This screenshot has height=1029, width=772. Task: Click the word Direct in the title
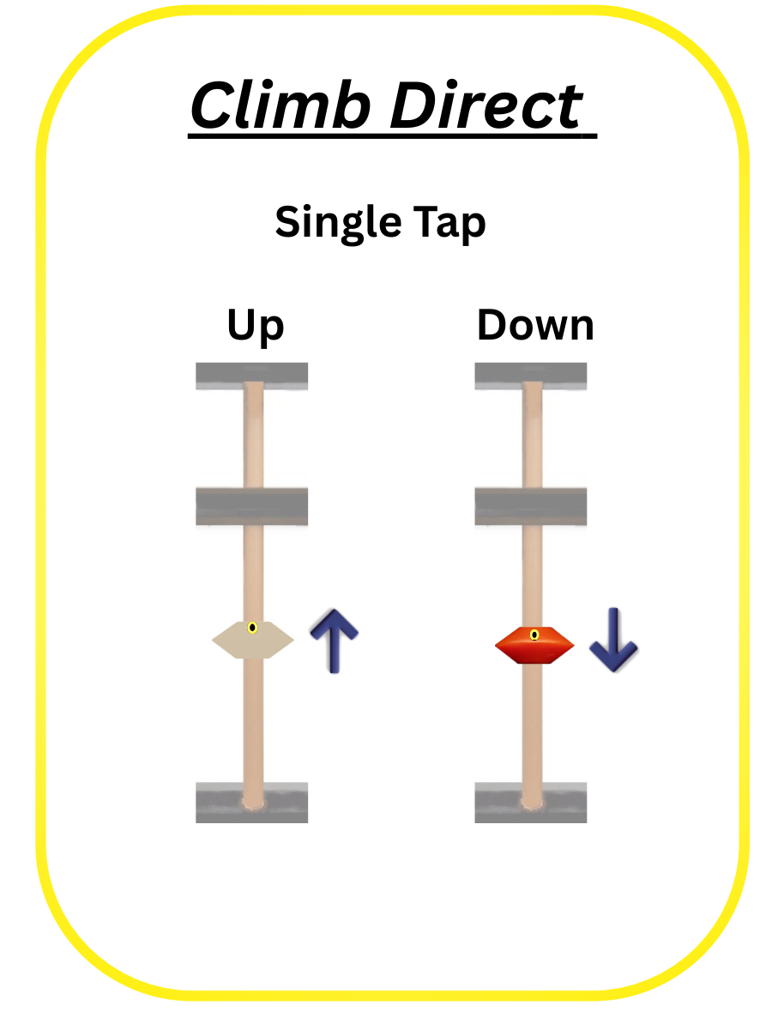(x=486, y=105)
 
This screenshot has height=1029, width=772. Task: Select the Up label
(x=255, y=327)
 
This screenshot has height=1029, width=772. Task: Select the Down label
(x=535, y=327)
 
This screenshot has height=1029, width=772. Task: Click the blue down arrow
(x=613, y=640)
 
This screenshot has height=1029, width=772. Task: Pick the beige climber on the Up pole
(x=252, y=640)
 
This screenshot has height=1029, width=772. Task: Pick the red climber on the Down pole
(x=534, y=645)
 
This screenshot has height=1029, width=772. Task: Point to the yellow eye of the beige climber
(x=252, y=628)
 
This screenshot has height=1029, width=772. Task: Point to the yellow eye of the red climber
(x=534, y=635)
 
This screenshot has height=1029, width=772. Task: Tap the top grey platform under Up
(x=251, y=376)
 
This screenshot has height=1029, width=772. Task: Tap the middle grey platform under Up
(x=251, y=506)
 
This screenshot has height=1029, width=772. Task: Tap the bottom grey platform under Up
(x=251, y=803)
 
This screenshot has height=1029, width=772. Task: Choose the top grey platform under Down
(x=531, y=376)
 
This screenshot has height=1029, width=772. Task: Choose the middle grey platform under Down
(x=531, y=506)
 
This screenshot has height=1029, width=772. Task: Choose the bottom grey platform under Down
(x=531, y=803)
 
